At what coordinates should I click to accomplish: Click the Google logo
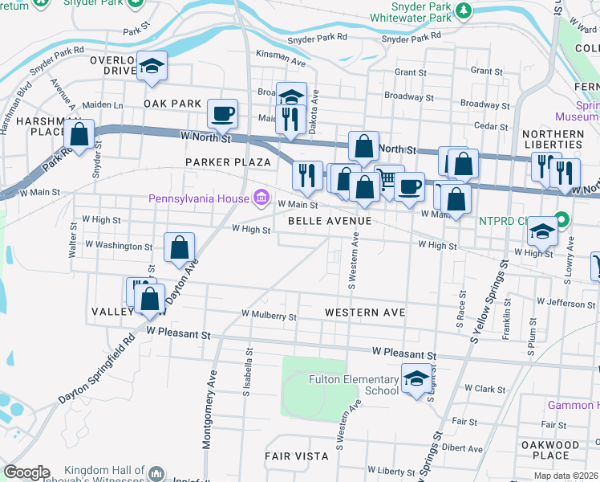[x=26, y=472]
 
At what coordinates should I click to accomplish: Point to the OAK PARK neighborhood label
[x=172, y=104]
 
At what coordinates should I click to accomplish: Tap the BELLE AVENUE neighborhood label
[x=330, y=220]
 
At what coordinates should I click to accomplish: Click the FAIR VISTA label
[x=297, y=455]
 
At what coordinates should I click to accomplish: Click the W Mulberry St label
[x=269, y=317]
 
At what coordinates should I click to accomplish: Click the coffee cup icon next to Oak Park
[x=222, y=112]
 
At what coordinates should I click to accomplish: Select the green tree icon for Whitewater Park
[x=463, y=10]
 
